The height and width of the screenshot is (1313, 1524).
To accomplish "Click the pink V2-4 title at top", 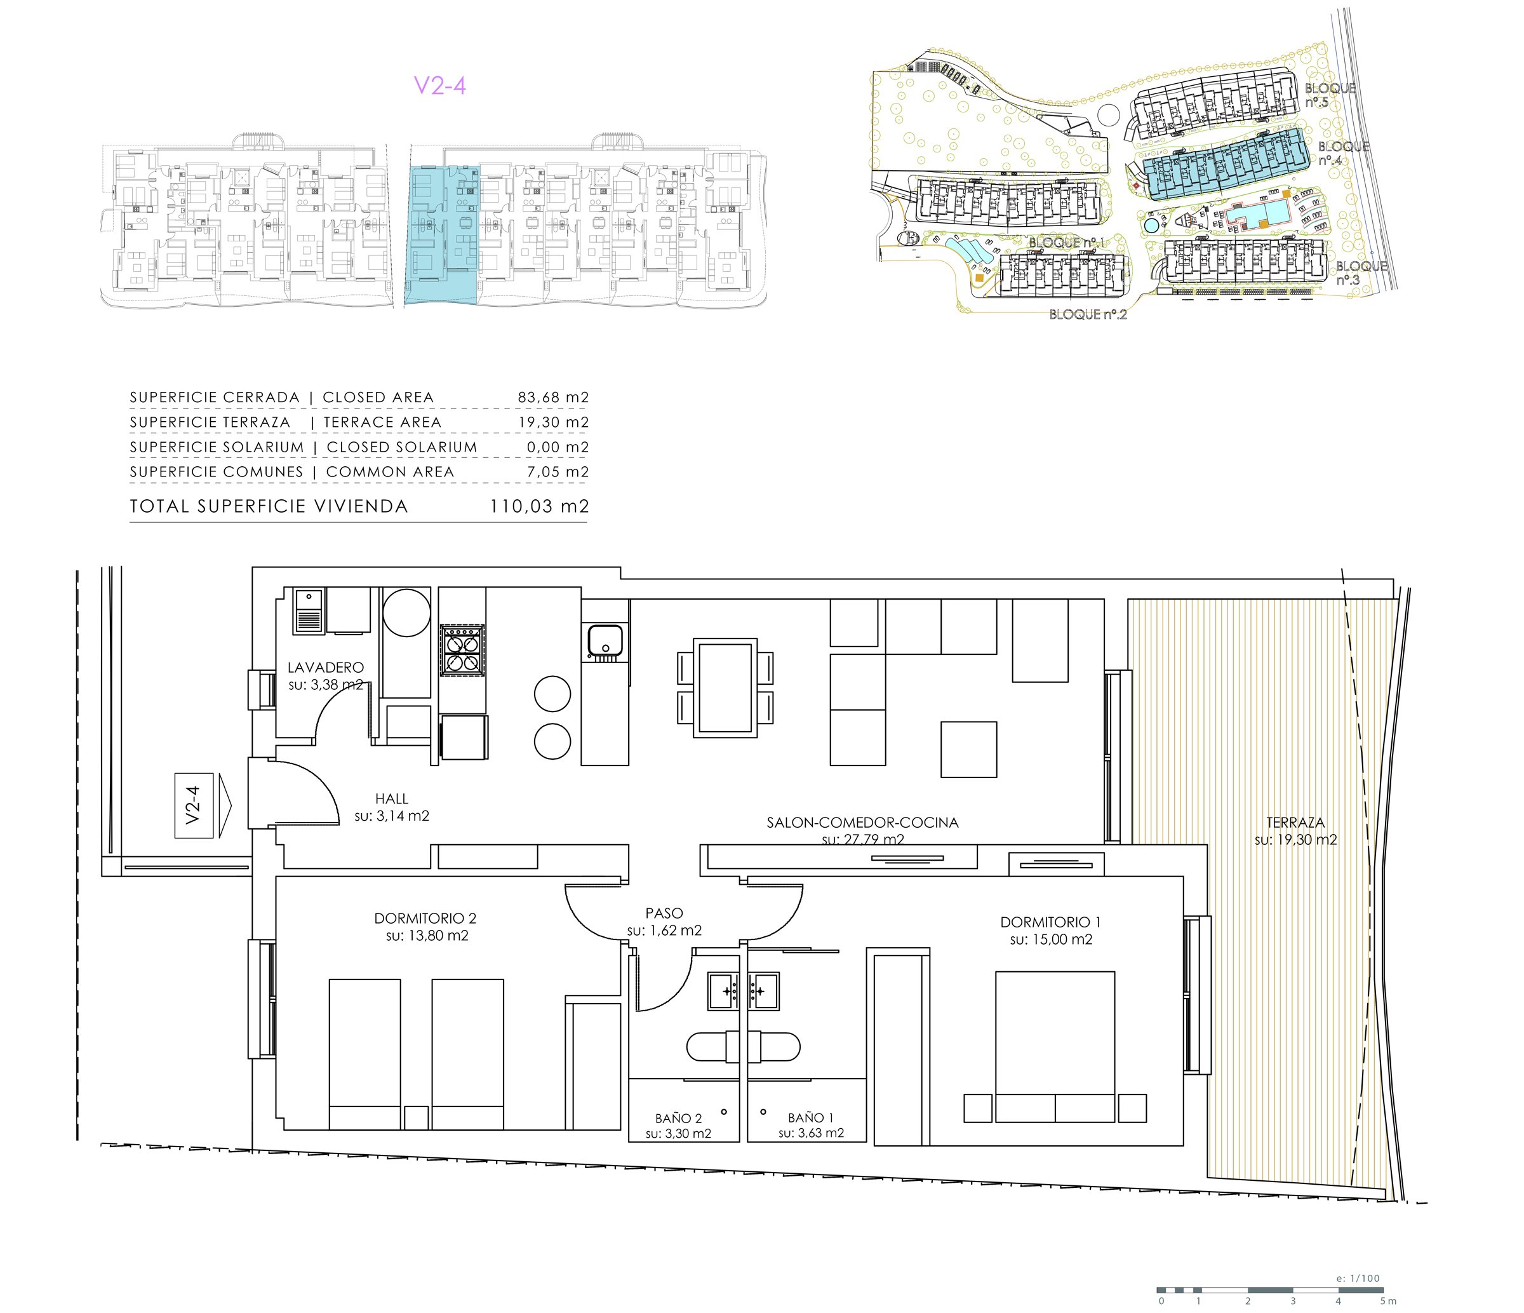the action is tap(440, 85).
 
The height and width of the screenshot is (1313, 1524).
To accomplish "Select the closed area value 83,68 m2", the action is tap(553, 397).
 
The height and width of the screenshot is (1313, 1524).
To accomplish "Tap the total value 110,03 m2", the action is tap(539, 506).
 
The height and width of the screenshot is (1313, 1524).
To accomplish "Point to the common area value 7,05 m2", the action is tap(558, 471).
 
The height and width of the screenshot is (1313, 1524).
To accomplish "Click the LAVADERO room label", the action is tap(325, 667).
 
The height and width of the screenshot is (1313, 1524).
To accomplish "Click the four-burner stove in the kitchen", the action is tap(462, 649).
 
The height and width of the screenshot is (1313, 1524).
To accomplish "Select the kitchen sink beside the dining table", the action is tap(605, 641).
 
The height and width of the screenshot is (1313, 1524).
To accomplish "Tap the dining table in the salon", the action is tap(725, 688).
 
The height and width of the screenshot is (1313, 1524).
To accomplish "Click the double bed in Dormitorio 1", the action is tap(1055, 1046).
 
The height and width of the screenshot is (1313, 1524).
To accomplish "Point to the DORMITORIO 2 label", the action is tap(425, 918).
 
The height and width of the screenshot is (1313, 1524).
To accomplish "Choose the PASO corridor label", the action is tap(664, 913).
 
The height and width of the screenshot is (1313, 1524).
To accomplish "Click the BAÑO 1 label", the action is tap(810, 1117).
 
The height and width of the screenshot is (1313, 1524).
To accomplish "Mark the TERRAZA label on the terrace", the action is tap(1295, 823).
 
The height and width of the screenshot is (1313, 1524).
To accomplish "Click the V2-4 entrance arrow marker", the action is tap(203, 805).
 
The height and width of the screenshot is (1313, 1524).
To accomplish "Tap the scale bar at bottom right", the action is tap(1269, 1289).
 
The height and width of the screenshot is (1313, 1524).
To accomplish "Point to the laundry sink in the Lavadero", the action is tap(308, 611).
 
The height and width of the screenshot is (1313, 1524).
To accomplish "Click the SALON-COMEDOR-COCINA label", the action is tap(862, 823).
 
